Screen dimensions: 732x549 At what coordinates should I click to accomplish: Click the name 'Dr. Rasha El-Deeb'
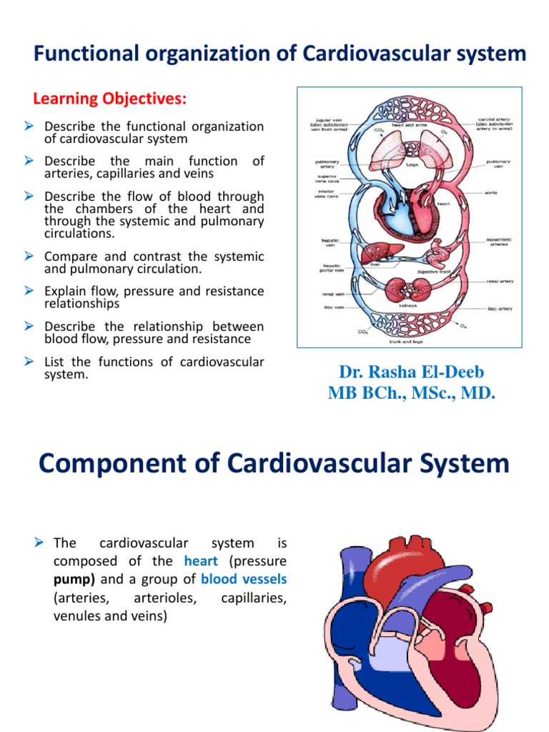click(410, 372)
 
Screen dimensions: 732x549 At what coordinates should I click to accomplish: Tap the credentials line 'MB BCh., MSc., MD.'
click(410, 392)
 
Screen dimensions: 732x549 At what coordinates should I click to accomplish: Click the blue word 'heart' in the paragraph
click(200, 561)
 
